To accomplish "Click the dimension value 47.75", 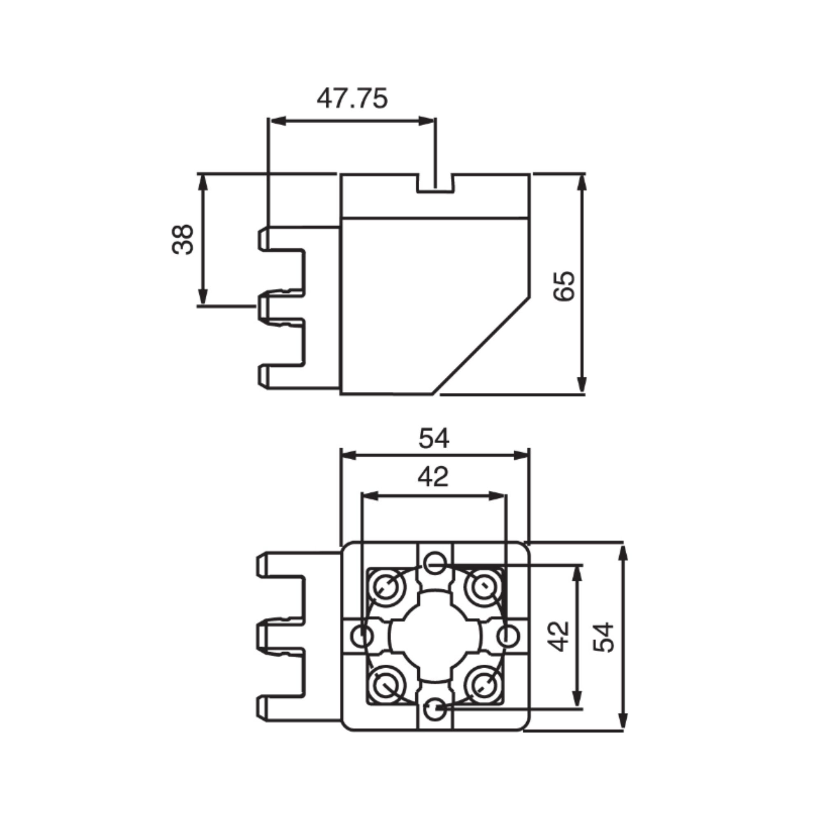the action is click(x=352, y=99).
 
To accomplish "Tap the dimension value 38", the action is click(x=183, y=239).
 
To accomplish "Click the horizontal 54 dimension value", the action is click(x=434, y=439).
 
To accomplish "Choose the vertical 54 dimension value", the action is click(x=603, y=637).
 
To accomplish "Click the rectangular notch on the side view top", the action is click(x=435, y=183).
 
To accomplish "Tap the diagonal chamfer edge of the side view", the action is click(x=481, y=346).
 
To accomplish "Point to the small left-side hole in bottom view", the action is click(x=363, y=637).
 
